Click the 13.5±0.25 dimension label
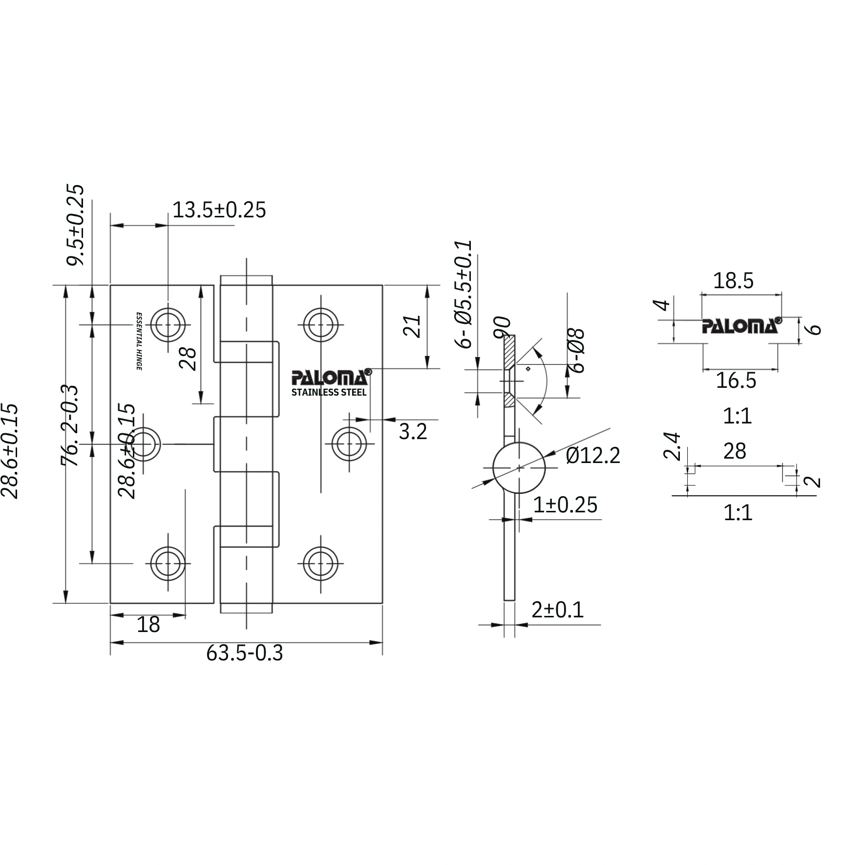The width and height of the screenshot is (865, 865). coord(219,210)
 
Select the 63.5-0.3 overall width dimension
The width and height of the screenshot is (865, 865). coord(244,653)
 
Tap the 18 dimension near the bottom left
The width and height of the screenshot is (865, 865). coord(148,625)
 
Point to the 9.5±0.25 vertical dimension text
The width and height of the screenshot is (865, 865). coord(76,225)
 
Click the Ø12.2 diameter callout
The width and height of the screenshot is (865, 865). coord(592,456)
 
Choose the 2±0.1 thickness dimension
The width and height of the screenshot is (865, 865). coord(557,610)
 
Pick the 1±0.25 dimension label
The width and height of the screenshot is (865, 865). coord(565,505)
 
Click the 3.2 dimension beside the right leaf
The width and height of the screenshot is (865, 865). coord(413,432)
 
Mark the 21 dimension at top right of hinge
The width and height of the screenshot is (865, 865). coord(413,326)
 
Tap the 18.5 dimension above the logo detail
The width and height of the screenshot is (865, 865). coord(733,281)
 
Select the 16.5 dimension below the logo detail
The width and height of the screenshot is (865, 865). coord(736,380)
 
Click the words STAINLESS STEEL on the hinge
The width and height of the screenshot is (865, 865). coord(329,392)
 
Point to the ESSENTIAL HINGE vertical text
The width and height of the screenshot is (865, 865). coord(139,341)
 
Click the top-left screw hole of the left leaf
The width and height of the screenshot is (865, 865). coord(168,325)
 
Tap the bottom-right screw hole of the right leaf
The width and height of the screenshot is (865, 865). coord(321,563)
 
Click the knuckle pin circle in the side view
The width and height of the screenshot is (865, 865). coord(519,468)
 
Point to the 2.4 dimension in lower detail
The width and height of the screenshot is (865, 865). coord(672,446)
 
